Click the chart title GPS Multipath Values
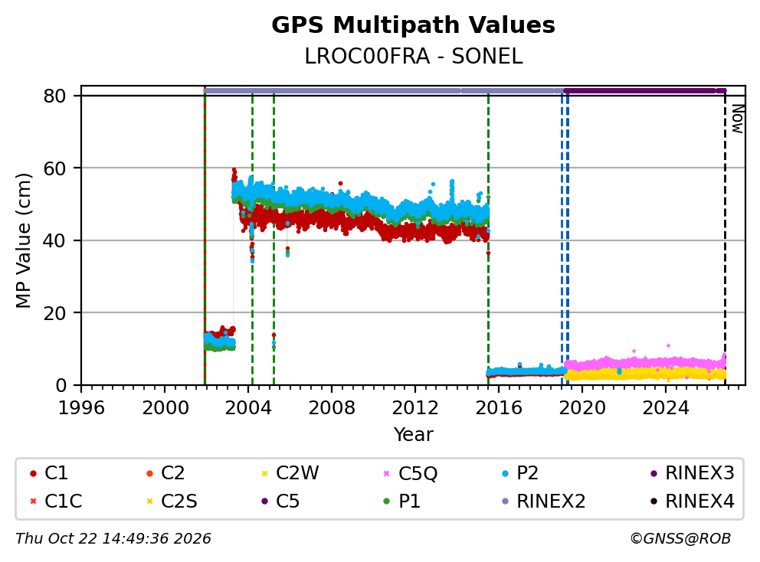413,25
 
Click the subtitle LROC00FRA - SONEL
414,57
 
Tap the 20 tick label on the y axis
54,313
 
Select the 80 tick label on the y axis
54,96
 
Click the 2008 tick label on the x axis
332,408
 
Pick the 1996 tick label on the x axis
81,408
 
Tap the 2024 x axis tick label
666,408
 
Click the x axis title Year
413,435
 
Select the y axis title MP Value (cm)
23,240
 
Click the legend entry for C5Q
410,473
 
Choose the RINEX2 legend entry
544,502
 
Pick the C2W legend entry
290,473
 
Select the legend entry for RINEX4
692,502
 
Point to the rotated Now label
737,119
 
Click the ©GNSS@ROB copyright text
680,539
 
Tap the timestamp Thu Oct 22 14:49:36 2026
113,539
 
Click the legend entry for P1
401,502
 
